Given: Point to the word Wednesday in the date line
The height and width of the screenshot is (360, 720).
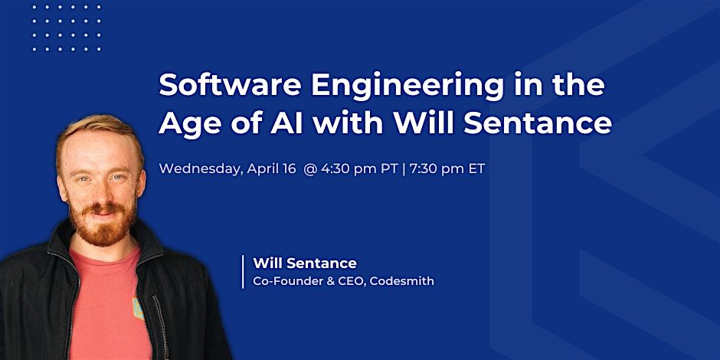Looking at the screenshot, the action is point(199,169).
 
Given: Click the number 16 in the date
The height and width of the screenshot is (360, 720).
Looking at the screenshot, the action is point(288,169).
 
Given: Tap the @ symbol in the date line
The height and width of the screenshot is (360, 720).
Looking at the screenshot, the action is point(310,169).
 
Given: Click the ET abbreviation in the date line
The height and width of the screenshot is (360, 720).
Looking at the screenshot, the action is point(476,169).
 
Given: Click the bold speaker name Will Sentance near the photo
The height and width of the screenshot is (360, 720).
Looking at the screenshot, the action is point(305,263).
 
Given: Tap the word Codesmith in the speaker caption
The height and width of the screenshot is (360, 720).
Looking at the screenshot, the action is point(402,281).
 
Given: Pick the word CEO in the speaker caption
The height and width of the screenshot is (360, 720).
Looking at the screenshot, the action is point(352,281).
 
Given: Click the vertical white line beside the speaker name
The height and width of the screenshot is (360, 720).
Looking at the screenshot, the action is point(243,272).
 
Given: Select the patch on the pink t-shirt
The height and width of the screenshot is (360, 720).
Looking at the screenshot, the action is point(138,308).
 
